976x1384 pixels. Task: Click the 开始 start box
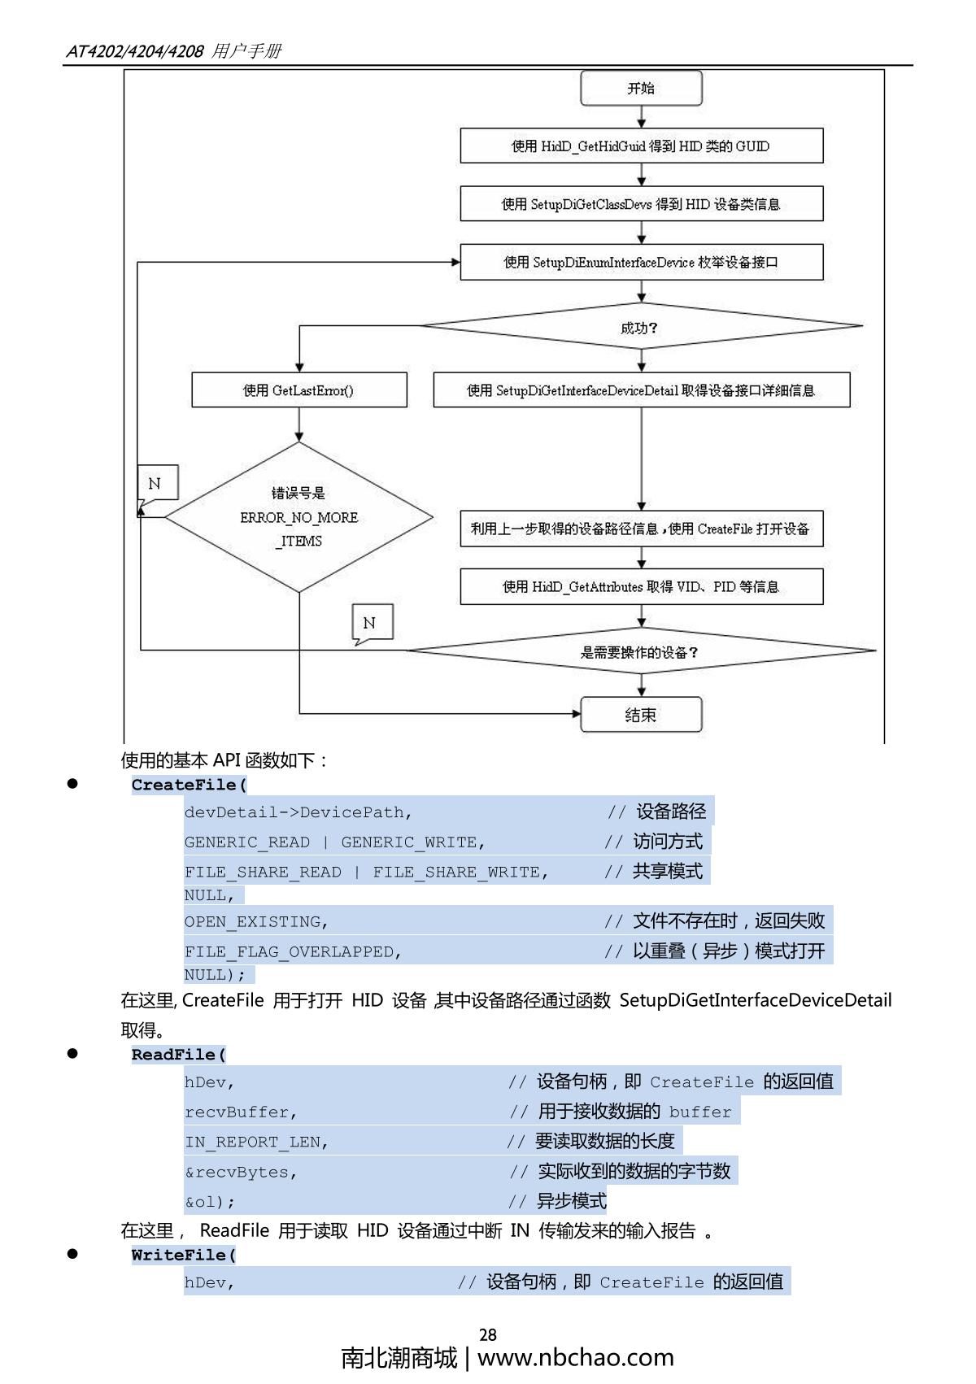tap(641, 89)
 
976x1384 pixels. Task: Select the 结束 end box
tap(641, 715)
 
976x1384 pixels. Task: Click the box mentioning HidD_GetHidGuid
tap(641, 146)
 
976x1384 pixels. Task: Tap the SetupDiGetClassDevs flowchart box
tap(641, 204)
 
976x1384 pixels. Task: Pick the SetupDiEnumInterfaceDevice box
tap(641, 262)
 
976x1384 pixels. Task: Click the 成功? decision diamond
tap(641, 327)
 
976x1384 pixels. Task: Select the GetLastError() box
tap(298, 390)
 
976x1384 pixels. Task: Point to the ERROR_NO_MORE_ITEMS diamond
tap(298, 517)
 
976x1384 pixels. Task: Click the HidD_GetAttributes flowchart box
tap(641, 586)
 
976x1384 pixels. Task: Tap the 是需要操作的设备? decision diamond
tap(641, 651)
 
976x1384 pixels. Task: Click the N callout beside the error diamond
tap(157, 484)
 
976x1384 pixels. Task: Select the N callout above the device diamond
tap(372, 623)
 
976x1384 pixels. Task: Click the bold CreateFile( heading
tap(189, 785)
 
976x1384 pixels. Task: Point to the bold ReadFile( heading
tap(179, 1055)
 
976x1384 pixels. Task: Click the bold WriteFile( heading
tap(184, 1255)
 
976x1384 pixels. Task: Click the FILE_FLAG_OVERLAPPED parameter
tap(293, 952)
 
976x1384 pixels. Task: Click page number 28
tap(488, 1334)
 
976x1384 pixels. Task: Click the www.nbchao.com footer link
tap(576, 1358)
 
